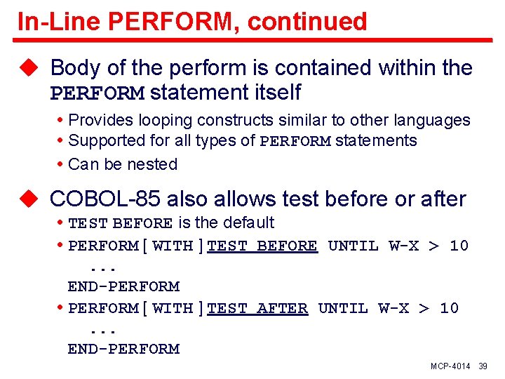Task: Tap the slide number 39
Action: coord(483,367)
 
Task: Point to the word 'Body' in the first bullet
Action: coord(74,68)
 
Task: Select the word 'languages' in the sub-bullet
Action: coord(436,120)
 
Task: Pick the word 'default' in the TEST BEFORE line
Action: coord(248,222)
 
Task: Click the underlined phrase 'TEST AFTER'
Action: coord(257,308)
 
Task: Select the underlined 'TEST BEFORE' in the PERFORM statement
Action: coord(262,246)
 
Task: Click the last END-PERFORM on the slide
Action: coord(123,349)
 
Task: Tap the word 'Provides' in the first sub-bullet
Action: coord(100,120)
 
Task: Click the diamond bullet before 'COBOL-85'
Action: coord(28,200)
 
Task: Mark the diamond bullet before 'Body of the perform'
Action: coord(28,69)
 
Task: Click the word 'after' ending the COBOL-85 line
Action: coord(443,199)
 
